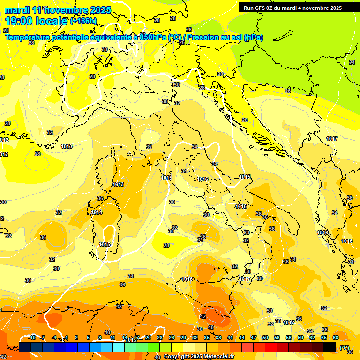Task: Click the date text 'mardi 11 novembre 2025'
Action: click(x=58, y=10)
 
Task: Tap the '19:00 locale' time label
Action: click(x=36, y=21)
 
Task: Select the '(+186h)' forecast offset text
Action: click(x=83, y=21)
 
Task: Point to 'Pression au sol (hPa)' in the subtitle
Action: click(x=225, y=37)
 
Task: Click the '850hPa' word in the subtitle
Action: click(x=153, y=37)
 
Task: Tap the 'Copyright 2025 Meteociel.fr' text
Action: click(x=199, y=357)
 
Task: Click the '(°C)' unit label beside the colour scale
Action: click(x=344, y=347)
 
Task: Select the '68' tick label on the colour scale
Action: click(x=336, y=337)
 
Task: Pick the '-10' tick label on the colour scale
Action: click(x=32, y=337)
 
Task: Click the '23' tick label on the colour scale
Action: click(x=160, y=337)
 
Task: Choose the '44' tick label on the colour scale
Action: click(x=242, y=337)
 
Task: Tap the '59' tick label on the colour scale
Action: click(x=300, y=337)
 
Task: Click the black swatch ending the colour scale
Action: click(x=330, y=347)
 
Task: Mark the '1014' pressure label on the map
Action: click(x=97, y=212)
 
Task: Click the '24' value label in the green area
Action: click(x=352, y=62)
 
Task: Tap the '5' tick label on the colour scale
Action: click(x=88, y=337)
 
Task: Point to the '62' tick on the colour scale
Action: click(x=312, y=337)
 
